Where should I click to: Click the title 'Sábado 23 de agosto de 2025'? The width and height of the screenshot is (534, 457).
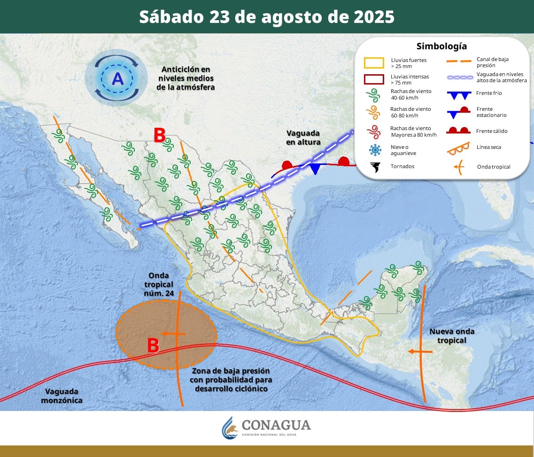(x=267, y=17)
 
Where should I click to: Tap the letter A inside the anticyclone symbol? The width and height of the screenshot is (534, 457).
(x=117, y=78)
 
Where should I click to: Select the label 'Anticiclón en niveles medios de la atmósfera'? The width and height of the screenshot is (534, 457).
(x=186, y=78)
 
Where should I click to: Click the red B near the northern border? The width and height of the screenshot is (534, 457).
(x=159, y=136)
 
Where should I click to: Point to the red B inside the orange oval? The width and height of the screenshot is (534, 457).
(x=153, y=345)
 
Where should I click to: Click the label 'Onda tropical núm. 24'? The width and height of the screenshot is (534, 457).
(x=158, y=284)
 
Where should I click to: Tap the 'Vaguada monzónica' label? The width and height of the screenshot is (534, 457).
(x=62, y=395)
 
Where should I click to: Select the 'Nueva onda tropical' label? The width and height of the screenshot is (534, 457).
(x=452, y=335)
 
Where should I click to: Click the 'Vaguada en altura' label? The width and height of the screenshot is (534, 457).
(x=303, y=137)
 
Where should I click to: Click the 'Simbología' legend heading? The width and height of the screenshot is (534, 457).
(x=441, y=46)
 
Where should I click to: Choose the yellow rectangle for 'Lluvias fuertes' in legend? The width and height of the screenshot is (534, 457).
(x=375, y=62)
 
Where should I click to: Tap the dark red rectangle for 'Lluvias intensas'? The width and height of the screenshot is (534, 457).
(x=375, y=78)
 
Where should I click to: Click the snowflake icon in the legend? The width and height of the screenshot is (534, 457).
(x=375, y=150)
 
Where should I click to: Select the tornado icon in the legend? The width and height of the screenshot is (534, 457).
(x=375, y=167)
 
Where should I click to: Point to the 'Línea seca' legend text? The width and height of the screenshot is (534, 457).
(x=488, y=147)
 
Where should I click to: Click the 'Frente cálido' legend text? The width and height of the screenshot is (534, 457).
(x=491, y=131)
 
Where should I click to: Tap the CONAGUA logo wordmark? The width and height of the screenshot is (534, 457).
(x=276, y=425)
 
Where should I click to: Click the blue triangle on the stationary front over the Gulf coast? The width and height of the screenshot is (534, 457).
(x=315, y=169)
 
